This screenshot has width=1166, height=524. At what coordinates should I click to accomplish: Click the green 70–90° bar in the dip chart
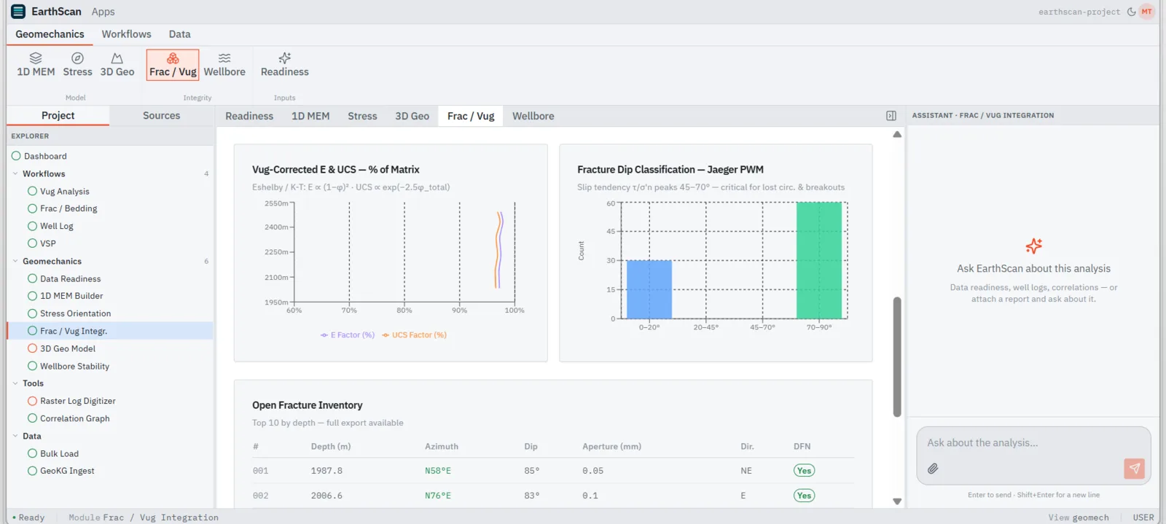[819, 260]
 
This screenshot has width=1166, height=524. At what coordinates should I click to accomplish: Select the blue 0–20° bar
[649, 289]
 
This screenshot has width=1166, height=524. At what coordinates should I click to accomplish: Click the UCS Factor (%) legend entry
[415, 335]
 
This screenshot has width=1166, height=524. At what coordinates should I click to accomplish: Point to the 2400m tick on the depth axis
[276, 227]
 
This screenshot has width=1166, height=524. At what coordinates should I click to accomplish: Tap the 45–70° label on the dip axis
[762, 327]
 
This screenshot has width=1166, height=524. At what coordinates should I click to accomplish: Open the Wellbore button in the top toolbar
[224, 65]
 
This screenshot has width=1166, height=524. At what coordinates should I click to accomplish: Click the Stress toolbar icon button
[77, 65]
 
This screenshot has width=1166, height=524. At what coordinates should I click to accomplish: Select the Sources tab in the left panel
[161, 116]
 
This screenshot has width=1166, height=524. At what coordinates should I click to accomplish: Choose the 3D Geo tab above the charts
[412, 116]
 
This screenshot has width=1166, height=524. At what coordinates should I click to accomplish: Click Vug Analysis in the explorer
[65, 191]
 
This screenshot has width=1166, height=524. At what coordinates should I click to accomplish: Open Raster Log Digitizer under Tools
[77, 401]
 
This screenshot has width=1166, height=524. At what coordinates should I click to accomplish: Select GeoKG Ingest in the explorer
[67, 471]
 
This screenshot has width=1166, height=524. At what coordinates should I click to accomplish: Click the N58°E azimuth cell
[438, 471]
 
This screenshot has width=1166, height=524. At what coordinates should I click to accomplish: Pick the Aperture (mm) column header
[611, 447]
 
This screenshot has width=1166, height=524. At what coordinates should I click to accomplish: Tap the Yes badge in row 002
[804, 496]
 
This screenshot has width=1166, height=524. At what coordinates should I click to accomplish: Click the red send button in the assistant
[1134, 469]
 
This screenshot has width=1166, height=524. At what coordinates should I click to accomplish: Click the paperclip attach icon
[933, 469]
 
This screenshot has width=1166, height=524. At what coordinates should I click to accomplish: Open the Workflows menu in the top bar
[127, 34]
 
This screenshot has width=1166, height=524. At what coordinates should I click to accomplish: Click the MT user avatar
[1147, 12]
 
